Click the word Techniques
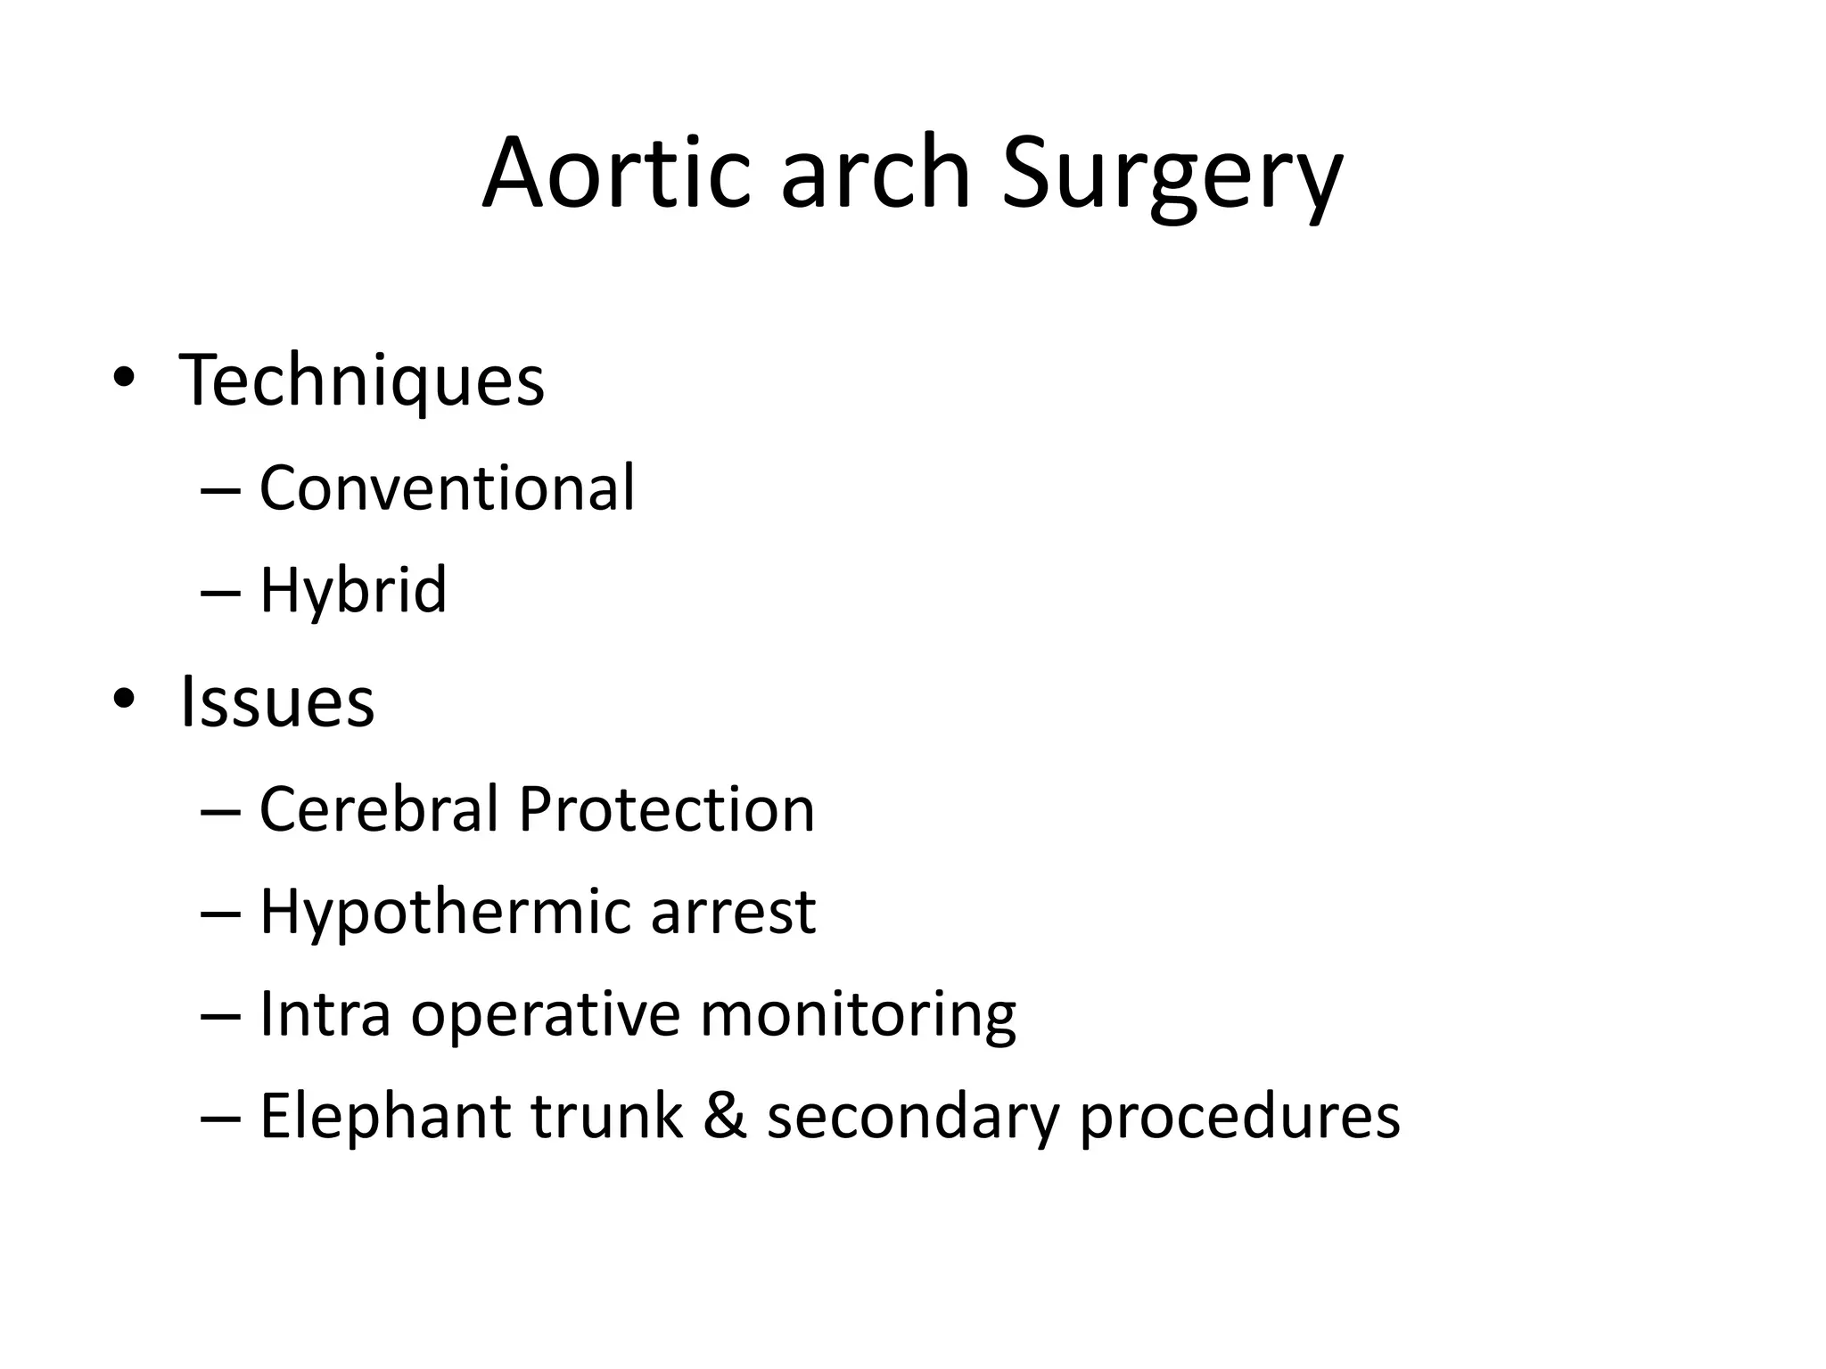pyautogui.click(x=362, y=381)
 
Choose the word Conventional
pyautogui.click(x=447, y=488)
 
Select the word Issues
pyautogui.click(x=277, y=701)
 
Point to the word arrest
pyautogui.click(x=733, y=914)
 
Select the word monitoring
pyautogui.click(x=858, y=1016)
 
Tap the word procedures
pyautogui.click(x=1239, y=1119)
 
